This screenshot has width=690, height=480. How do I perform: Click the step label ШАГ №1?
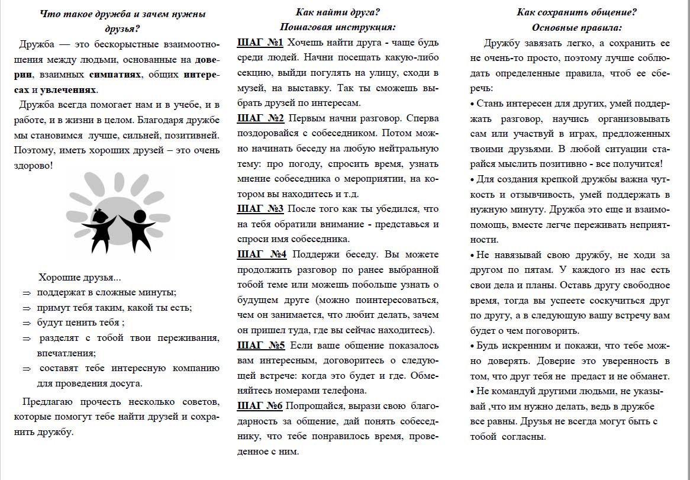point(260,43)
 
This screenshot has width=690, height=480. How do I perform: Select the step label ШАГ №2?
point(260,118)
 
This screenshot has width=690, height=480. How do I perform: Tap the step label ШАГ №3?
point(260,208)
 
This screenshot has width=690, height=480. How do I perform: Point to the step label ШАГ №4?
point(262,254)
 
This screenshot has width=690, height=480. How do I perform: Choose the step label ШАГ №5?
point(262,345)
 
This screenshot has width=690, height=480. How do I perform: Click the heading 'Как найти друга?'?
point(338,12)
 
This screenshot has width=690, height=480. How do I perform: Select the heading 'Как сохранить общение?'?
point(577,12)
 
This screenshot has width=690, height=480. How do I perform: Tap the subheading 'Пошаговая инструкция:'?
point(338,27)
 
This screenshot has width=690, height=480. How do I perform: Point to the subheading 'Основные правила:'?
point(577,27)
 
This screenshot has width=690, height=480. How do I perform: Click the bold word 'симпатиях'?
point(115,75)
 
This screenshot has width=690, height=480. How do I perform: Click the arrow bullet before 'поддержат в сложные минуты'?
point(26,293)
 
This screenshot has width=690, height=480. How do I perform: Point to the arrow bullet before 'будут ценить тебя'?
point(26,324)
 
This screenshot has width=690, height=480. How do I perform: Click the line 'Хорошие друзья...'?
point(79,278)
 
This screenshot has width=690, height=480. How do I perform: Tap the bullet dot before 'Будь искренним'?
point(472,346)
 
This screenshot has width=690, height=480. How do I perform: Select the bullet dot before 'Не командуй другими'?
point(472,391)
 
